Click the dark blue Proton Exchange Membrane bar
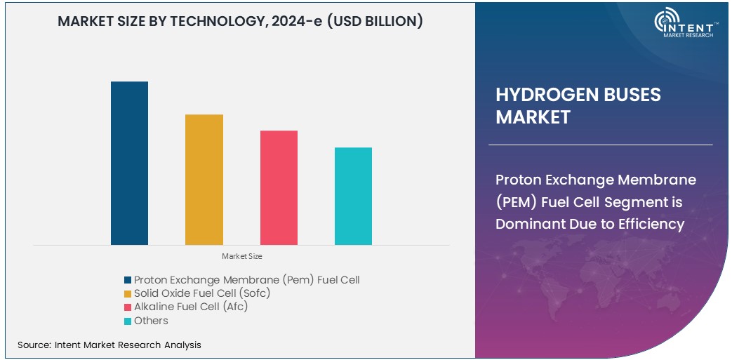coord(129,163)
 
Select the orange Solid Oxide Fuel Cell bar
coord(204,180)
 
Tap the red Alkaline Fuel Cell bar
coord(279,187)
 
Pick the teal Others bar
coord(353,196)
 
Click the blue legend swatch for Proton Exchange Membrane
coord(128,280)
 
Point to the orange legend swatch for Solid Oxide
coord(128,293)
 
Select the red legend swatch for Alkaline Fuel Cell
coord(128,307)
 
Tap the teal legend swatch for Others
coord(128,321)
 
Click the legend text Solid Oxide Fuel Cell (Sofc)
coord(202,293)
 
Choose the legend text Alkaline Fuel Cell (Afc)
coord(191,307)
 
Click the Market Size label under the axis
coord(241,256)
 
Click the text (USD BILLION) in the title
coord(374,22)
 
